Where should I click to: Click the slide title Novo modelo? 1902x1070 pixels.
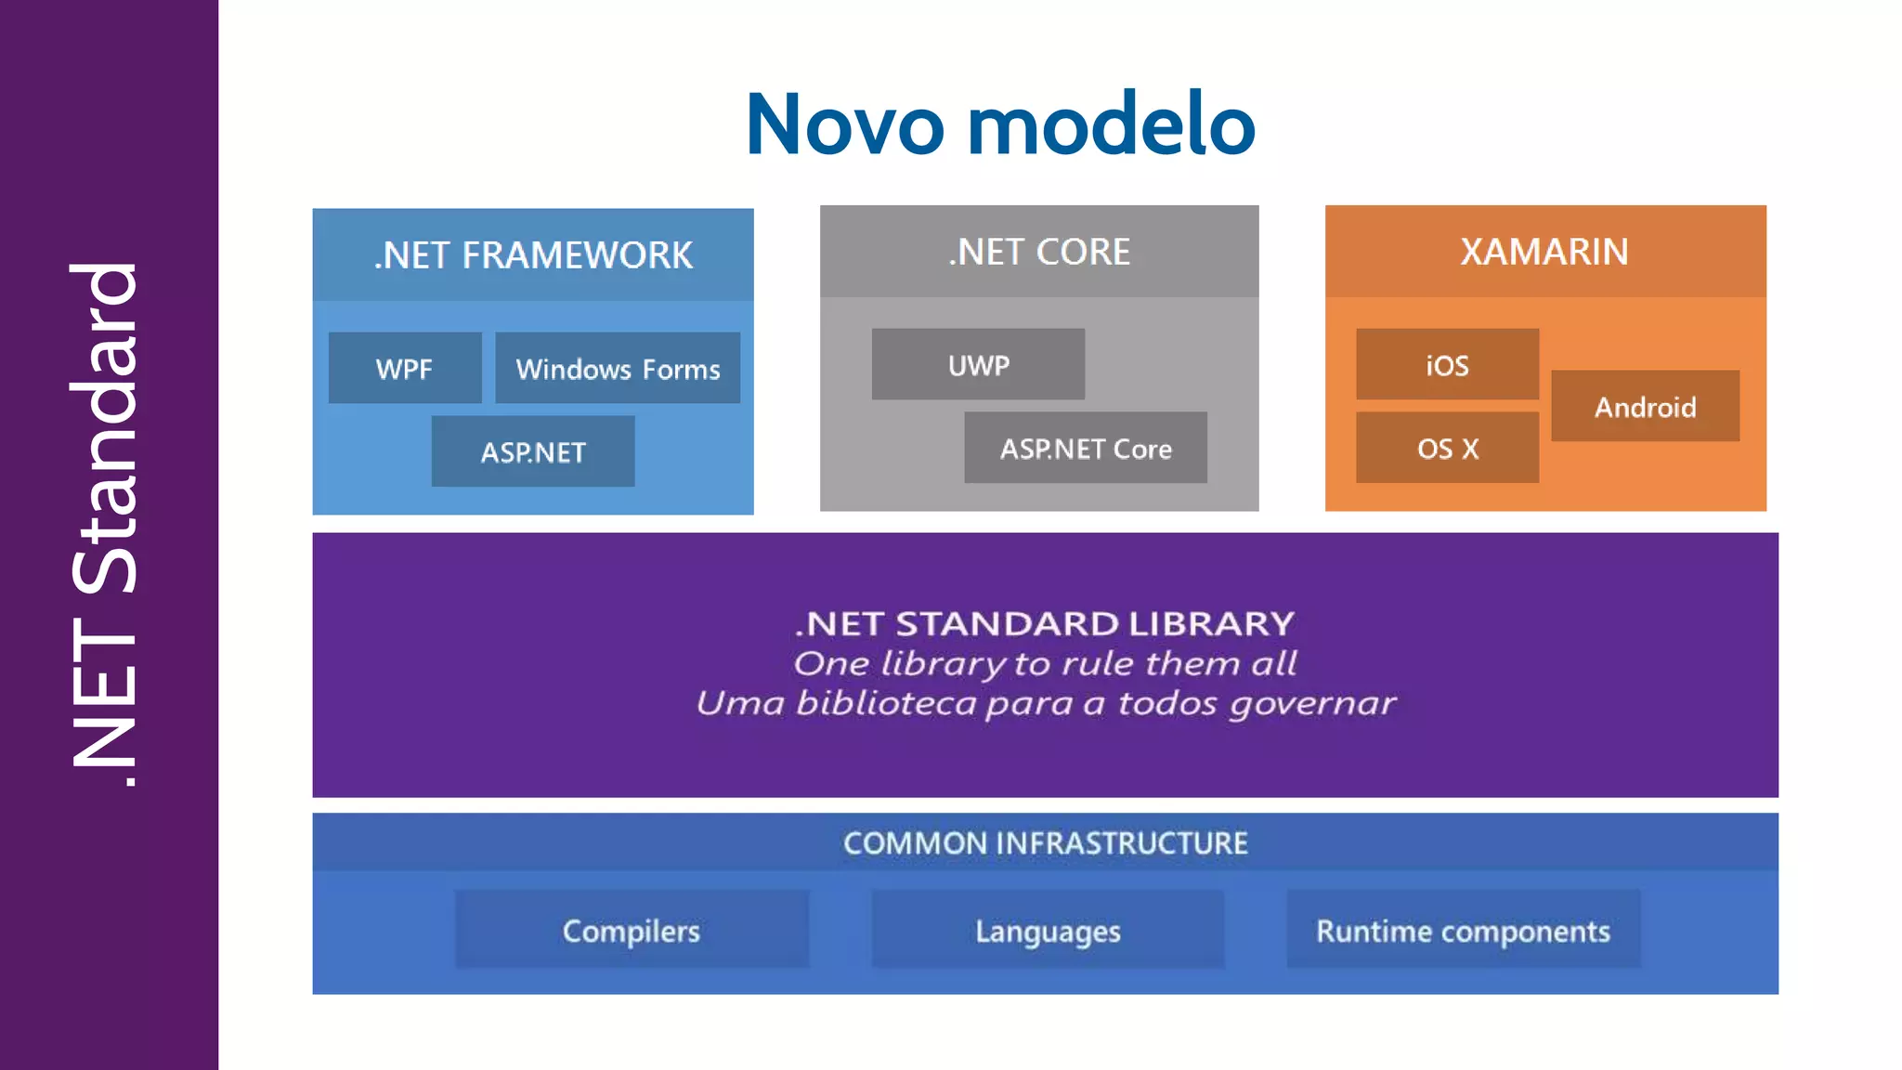(x=1000, y=124)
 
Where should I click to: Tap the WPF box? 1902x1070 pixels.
(x=405, y=369)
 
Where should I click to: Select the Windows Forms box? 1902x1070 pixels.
(x=618, y=369)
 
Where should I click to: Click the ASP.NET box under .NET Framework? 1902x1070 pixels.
(x=533, y=452)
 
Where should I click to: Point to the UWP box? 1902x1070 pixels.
(x=978, y=365)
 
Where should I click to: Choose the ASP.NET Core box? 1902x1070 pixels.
(x=1086, y=449)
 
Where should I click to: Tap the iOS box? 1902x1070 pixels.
(x=1447, y=365)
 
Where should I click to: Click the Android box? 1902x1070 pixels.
(x=1645, y=407)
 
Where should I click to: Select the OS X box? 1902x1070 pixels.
(x=1447, y=449)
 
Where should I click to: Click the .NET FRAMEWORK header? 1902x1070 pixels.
(x=533, y=254)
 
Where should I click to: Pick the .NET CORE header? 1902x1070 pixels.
(x=1039, y=252)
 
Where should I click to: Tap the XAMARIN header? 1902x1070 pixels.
(x=1544, y=252)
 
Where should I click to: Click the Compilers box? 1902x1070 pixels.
(x=632, y=930)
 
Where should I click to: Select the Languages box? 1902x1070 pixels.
(x=1048, y=930)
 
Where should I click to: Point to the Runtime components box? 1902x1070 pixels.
(x=1463, y=930)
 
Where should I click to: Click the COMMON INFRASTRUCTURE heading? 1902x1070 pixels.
(x=1045, y=843)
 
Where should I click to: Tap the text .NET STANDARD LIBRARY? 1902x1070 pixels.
(x=1045, y=623)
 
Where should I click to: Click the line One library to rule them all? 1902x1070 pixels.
(x=1045, y=663)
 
